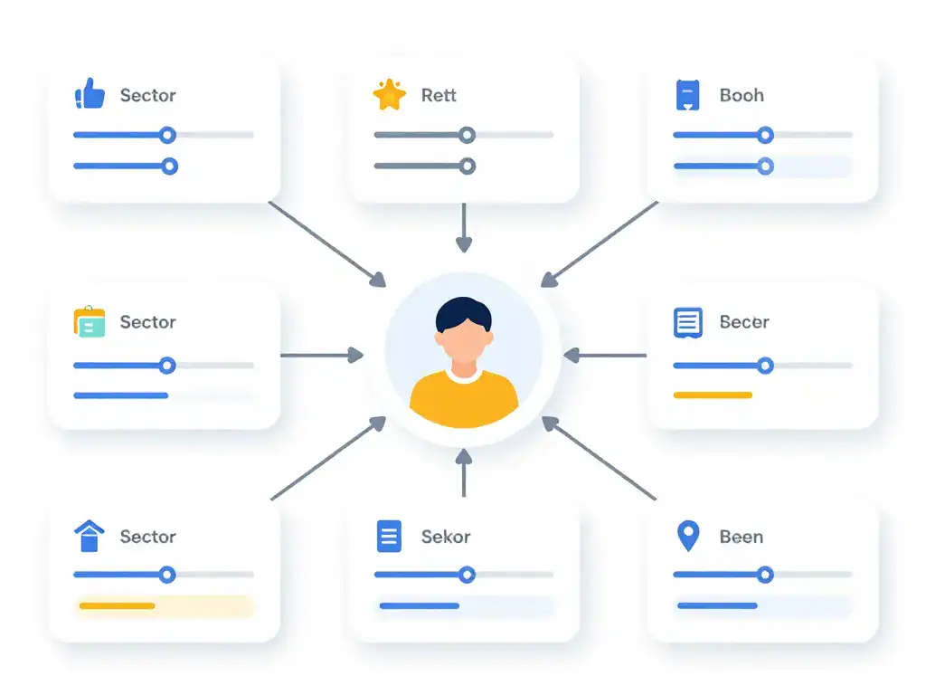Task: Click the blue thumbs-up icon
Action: (90, 94)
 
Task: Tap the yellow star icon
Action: (390, 94)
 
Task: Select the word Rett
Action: (439, 95)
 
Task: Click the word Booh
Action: (742, 95)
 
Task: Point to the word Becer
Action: (744, 322)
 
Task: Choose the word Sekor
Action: (446, 537)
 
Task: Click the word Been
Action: (742, 537)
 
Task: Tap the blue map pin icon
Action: (688, 534)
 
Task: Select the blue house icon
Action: (90, 536)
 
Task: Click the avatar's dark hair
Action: (464, 312)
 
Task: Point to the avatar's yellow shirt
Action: (464, 399)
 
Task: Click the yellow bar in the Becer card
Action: (713, 395)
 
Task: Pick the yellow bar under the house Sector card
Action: (117, 605)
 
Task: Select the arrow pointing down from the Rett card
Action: (464, 227)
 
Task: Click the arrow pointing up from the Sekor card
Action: (464, 472)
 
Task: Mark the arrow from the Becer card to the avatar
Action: (605, 355)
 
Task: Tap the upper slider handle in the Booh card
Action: (765, 136)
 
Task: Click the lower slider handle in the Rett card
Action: (468, 167)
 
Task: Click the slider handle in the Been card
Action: (765, 575)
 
